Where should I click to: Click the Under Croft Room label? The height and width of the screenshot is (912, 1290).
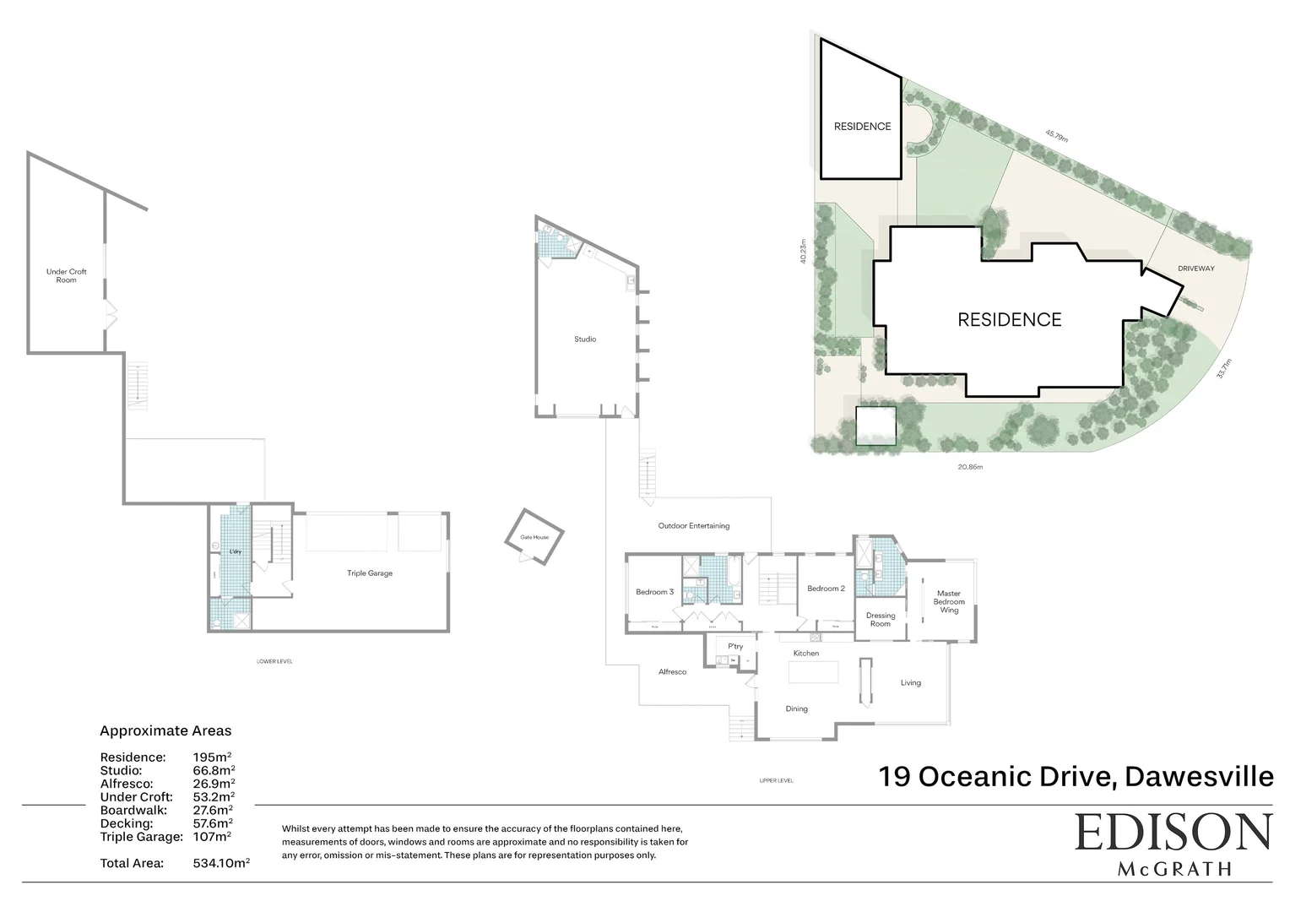[66, 276]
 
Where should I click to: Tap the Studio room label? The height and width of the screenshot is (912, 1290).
[585, 339]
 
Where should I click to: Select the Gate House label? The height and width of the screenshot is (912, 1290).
[534, 537]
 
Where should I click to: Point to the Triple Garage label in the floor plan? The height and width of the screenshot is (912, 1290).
[370, 573]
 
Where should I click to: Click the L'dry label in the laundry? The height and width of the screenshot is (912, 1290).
[236, 552]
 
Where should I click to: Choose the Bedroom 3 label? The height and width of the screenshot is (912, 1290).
[654, 592]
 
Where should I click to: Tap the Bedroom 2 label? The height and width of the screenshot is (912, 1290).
[826, 589]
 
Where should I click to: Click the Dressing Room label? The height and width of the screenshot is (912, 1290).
[881, 620]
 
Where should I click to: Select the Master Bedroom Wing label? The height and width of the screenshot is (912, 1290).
[949, 602]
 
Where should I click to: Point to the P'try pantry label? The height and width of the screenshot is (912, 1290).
[735, 647]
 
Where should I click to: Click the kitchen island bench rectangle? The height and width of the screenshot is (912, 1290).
[814, 672]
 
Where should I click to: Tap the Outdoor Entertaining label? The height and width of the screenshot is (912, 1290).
[694, 526]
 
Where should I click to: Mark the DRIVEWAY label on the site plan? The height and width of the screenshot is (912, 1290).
[1196, 269]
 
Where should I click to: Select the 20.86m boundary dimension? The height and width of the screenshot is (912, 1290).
[970, 467]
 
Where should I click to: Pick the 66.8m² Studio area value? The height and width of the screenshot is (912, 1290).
[214, 770]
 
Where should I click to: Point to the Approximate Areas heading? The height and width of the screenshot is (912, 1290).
[165, 731]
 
